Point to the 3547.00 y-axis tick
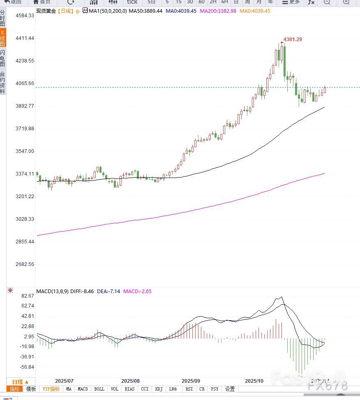pyautogui.click(x=25, y=151)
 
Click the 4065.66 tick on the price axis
pyautogui.click(x=25, y=83)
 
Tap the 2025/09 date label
pyautogui.click(x=191, y=381)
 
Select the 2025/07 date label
pyautogui.click(x=64, y=381)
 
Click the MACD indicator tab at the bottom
pyautogui.click(x=83, y=389)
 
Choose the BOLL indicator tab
pyautogui.click(x=99, y=389)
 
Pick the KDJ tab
pyautogui.click(x=159, y=389)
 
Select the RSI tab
pyautogui.click(x=189, y=389)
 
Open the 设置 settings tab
pyautogui.click(x=230, y=389)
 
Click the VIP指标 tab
pyautogui.click(x=51, y=389)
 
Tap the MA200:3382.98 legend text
pyautogui.click(x=218, y=11)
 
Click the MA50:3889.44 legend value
pyautogui.click(x=145, y=11)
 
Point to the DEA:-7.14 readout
pyautogui.click(x=108, y=291)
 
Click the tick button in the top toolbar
pyautogui.click(x=132, y=2)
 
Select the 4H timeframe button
pyautogui.click(x=224, y=2)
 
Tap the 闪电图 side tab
pyautogui.click(x=3, y=58)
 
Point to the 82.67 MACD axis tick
pyautogui.click(x=28, y=296)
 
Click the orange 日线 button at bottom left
pyautogui.click(x=20, y=382)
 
